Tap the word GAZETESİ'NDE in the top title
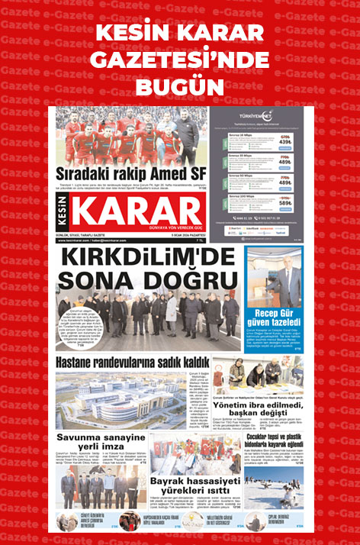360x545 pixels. (180, 59)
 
